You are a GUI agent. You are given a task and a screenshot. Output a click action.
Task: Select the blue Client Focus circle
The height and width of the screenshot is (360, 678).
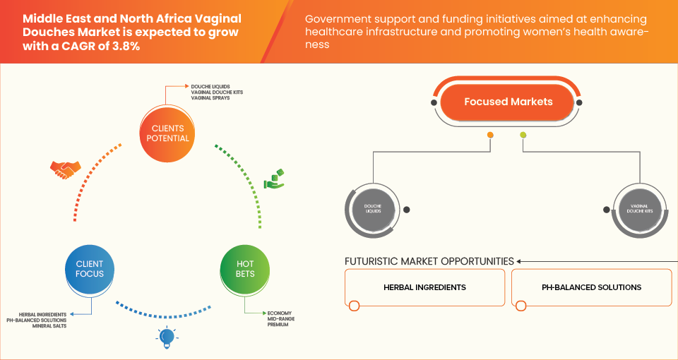(90, 268)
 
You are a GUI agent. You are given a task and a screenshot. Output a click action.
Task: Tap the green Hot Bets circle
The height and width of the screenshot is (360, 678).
(245, 268)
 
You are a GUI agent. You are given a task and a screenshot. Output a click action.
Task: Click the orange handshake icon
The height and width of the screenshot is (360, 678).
(66, 169)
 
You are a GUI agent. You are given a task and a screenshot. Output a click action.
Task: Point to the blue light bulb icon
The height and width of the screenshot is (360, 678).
(166, 338)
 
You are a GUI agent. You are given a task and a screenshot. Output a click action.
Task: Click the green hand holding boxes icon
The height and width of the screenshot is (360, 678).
(274, 179)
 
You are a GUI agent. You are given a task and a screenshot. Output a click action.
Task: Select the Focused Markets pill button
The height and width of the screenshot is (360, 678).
(508, 102)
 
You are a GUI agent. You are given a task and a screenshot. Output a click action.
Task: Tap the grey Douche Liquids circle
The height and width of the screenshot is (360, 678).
(372, 210)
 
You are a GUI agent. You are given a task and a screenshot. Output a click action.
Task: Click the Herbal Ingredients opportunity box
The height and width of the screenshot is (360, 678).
(424, 288)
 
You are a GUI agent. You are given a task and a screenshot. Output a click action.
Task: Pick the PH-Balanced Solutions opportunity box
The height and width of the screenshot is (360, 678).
(591, 288)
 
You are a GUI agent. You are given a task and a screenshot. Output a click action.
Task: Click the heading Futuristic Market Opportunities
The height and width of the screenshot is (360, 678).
(429, 261)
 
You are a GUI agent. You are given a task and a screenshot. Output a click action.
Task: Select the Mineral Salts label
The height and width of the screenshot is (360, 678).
(52, 327)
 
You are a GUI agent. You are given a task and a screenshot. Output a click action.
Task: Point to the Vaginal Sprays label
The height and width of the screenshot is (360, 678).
(210, 98)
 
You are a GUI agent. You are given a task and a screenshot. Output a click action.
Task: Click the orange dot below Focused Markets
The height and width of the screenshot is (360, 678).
(489, 135)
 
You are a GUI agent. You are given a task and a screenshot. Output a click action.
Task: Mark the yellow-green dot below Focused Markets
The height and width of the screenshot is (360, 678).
(523, 135)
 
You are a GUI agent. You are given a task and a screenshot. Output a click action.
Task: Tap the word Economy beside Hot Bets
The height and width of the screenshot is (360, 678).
(280, 313)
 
